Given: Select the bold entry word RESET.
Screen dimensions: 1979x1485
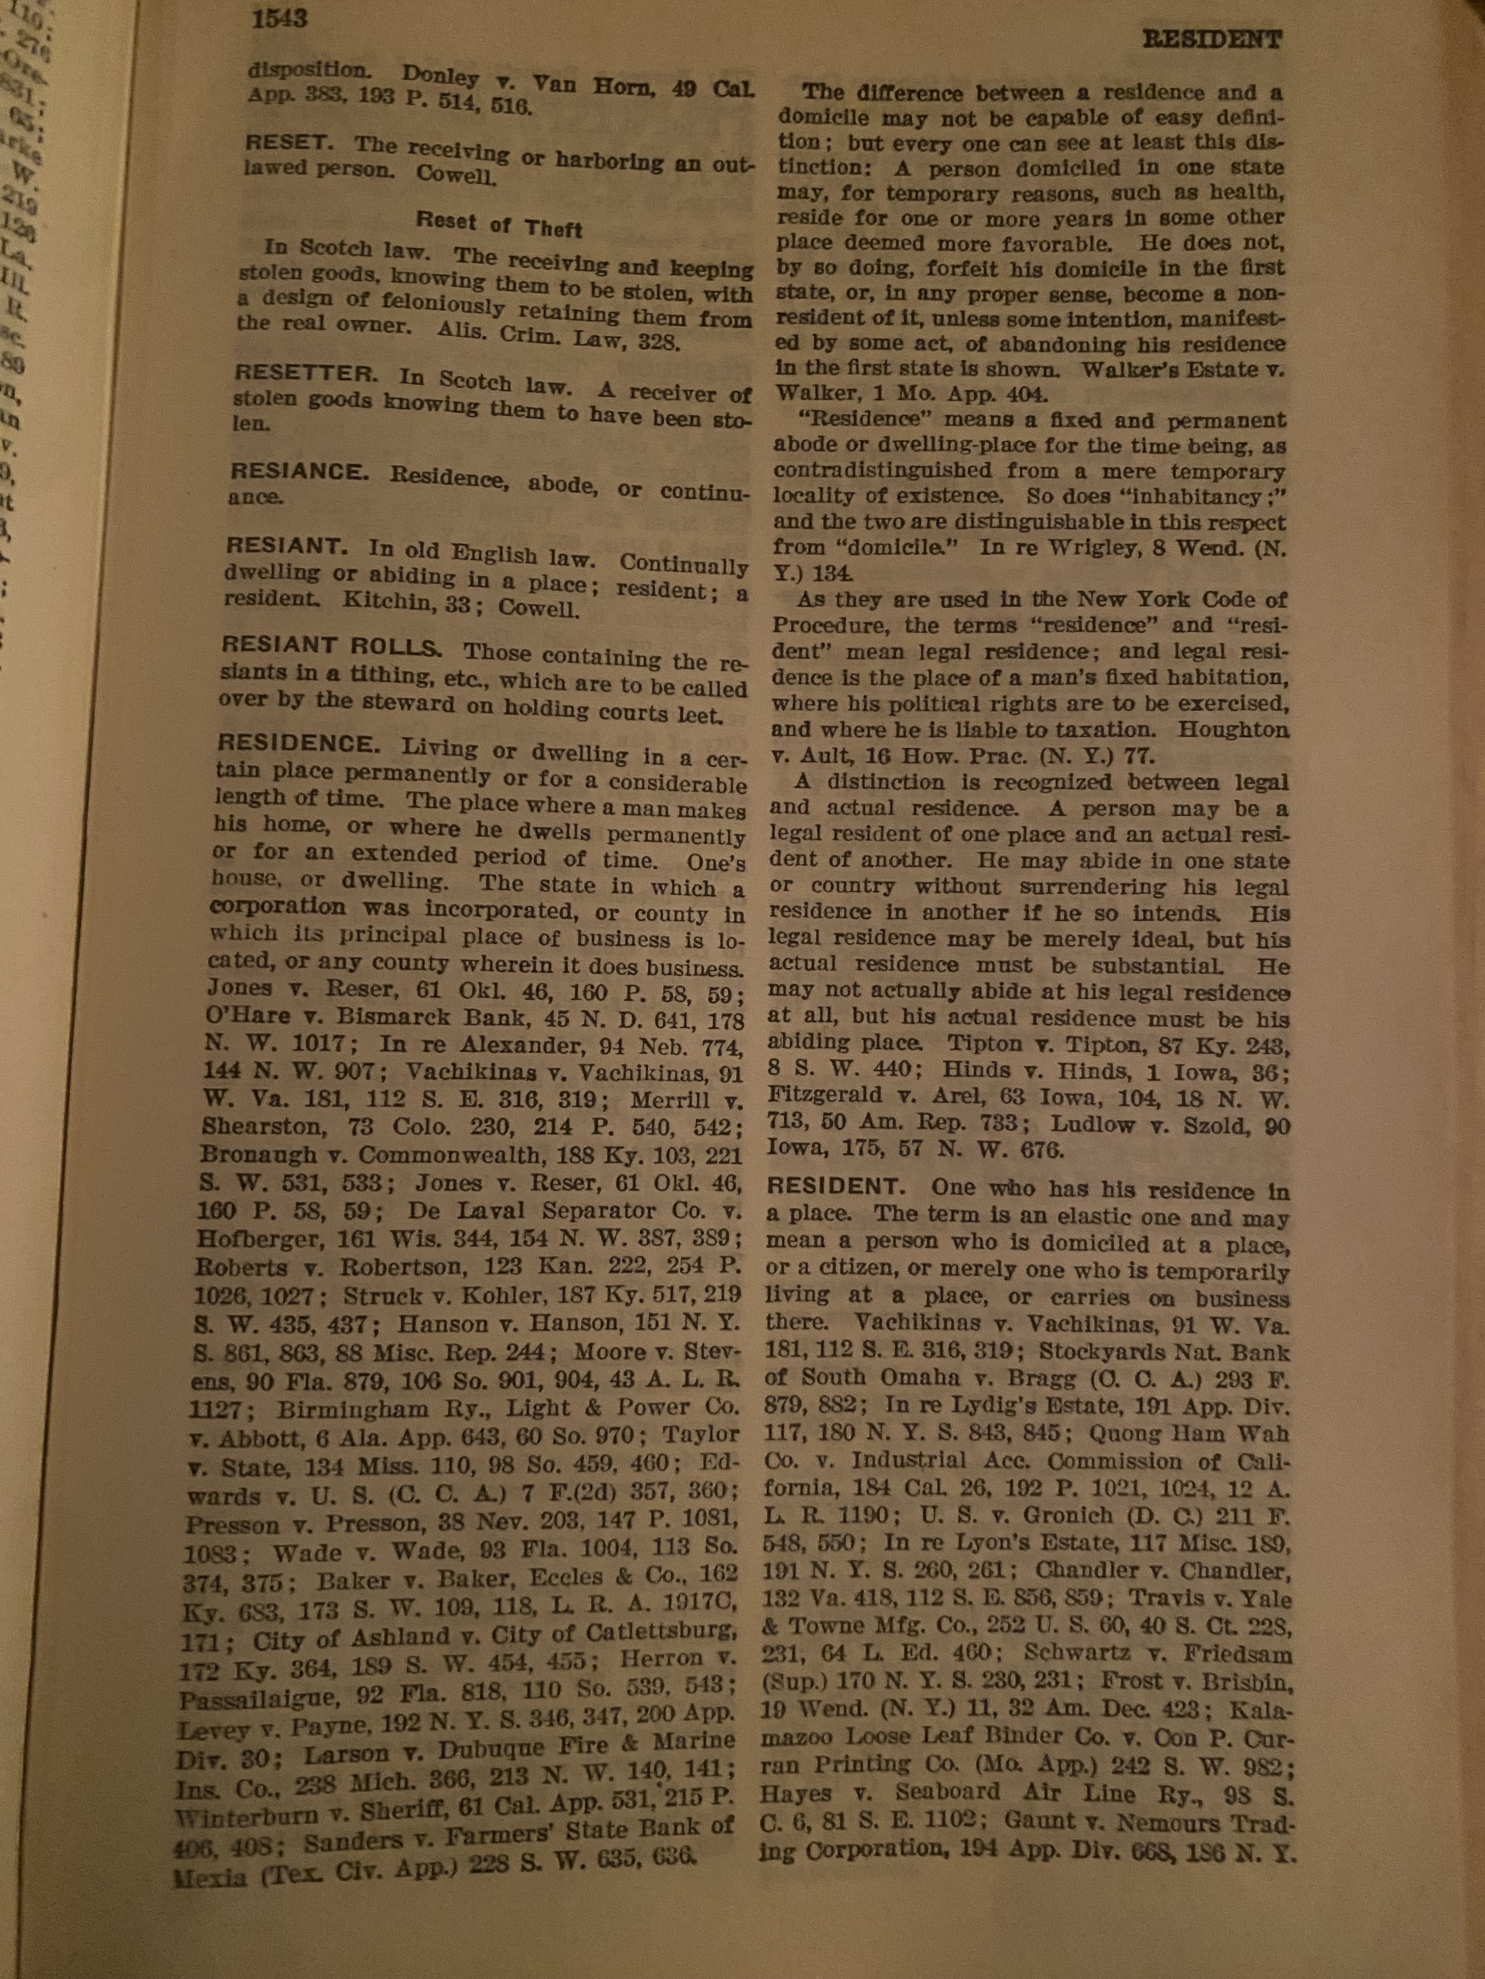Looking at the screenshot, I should pos(290,142).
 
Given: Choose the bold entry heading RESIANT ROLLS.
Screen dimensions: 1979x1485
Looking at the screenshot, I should pos(331,645).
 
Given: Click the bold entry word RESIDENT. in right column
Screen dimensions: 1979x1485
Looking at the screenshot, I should pos(838,1187).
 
